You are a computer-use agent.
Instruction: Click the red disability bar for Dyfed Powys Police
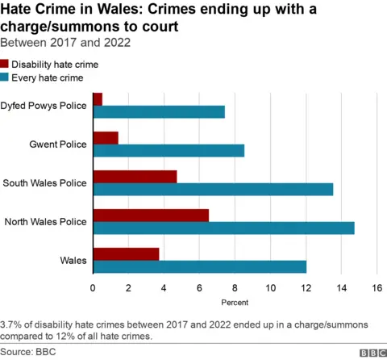coord(98,98)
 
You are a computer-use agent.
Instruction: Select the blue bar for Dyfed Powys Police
coord(159,111)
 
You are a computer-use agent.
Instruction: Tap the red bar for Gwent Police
coord(106,137)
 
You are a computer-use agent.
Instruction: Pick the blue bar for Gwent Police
coord(169,150)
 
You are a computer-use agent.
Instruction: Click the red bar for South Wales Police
coord(135,176)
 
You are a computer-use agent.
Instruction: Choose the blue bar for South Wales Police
coord(213,189)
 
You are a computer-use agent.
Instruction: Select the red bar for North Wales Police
coord(151,215)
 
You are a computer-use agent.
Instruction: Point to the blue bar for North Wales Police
coord(223,228)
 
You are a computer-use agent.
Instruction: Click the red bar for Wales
coord(126,253)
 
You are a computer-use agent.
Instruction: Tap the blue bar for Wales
coord(199,266)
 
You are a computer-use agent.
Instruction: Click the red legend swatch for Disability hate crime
coord(6,65)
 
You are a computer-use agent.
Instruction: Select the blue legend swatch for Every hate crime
coord(6,77)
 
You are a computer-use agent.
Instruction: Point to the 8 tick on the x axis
coord(235,288)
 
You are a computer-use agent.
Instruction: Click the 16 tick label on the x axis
coord(377,288)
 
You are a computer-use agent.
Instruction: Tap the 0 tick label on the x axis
coord(94,288)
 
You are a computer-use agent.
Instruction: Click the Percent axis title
coord(235,303)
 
